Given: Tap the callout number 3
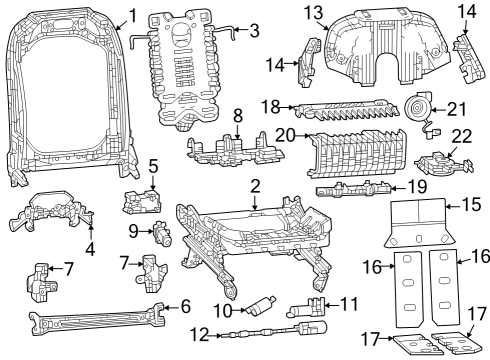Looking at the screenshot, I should pyautogui.click(x=254, y=30).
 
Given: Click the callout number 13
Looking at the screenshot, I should pyautogui.click(x=314, y=12).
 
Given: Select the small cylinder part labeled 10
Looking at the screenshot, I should pyautogui.click(x=263, y=306).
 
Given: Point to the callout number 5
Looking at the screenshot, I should pyautogui.click(x=153, y=165).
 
